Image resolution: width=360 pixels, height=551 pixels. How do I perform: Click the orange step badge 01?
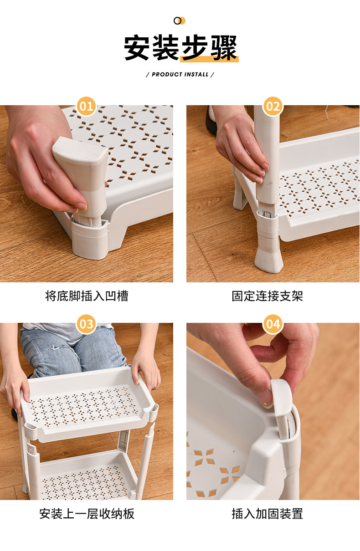(86, 106)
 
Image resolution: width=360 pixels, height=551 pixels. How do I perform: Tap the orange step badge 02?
(273, 106)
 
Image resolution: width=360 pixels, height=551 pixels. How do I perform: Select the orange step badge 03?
(86, 324)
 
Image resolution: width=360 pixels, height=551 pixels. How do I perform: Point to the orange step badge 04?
(273, 324)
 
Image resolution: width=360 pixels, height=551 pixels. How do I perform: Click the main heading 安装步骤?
(180, 48)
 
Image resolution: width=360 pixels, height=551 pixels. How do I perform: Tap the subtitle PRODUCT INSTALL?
(180, 74)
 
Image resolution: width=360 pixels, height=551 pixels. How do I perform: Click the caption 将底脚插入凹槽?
(87, 296)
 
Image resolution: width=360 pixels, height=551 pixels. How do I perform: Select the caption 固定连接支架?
(267, 296)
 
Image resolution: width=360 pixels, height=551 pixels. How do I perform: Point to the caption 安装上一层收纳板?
(87, 513)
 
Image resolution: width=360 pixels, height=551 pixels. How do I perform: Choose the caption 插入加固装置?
(267, 513)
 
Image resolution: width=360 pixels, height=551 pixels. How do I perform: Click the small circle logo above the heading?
(180, 20)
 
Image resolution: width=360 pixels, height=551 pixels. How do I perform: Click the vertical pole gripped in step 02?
(267, 155)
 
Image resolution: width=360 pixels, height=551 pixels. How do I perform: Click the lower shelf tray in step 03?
(86, 476)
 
